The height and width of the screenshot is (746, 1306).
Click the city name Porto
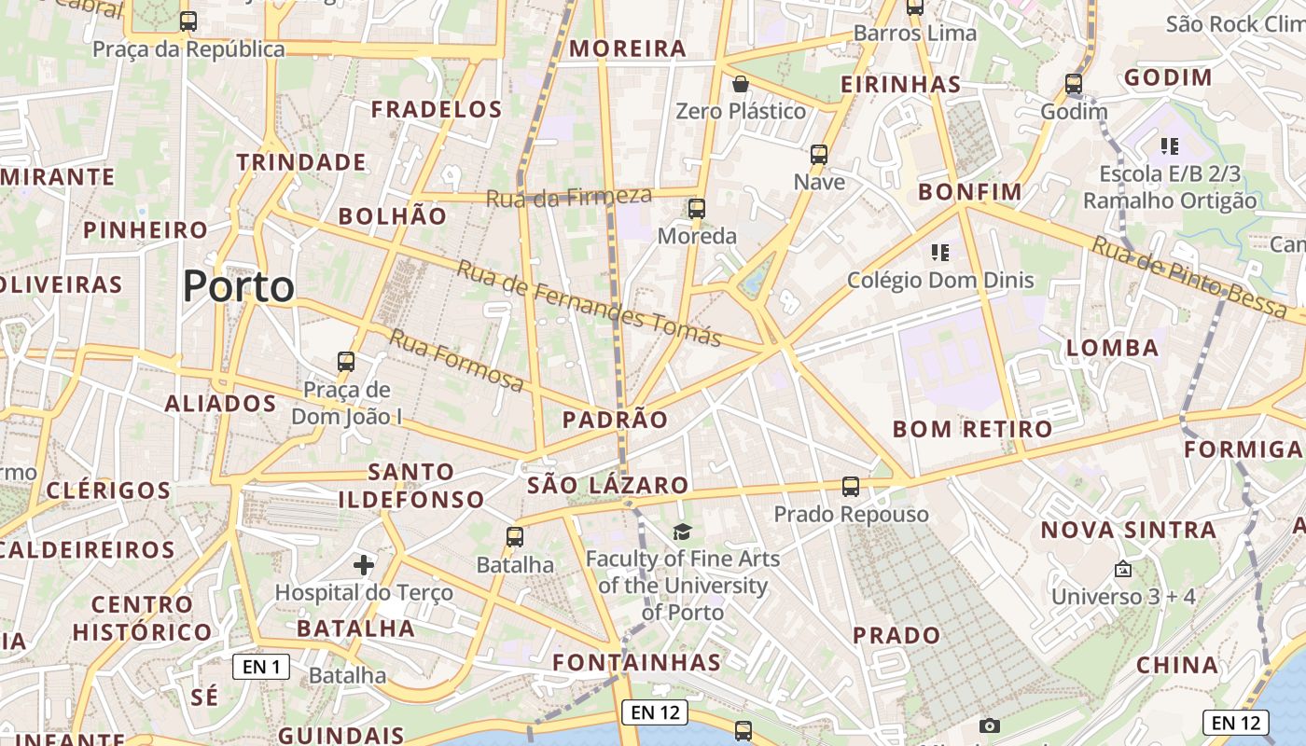[x=239, y=286]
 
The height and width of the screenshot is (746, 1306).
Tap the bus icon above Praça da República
[x=188, y=21]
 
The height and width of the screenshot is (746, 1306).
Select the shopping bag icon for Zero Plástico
[x=741, y=84]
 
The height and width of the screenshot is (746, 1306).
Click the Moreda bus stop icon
[x=696, y=209]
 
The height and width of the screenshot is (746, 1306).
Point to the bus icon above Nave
[x=819, y=155]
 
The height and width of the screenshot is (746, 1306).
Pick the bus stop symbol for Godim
[x=1074, y=84]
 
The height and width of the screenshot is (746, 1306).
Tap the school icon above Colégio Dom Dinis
[x=939, y=252]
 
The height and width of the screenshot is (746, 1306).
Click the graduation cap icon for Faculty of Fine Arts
[x=683, y=532]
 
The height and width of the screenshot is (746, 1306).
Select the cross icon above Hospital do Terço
[x=364, y=565]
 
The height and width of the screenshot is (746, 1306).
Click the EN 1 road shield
[x=261, y=667]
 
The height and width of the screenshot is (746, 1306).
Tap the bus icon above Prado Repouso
[x=851, y=487]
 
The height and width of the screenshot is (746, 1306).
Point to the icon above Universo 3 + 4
[x=1123, y=569]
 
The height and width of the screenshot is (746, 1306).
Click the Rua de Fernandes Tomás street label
[x=590, y=303]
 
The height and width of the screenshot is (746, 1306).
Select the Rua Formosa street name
[x=457, y=360]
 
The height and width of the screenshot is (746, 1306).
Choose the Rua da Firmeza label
[x=568, y=196]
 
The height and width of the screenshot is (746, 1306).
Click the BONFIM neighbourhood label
[x=970, y=192]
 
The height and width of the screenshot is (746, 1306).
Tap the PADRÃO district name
[x=616, y=420]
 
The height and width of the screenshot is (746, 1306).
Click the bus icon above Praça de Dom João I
[x=346, y=362]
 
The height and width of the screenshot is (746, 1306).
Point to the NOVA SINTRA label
[x=1129, y=530]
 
